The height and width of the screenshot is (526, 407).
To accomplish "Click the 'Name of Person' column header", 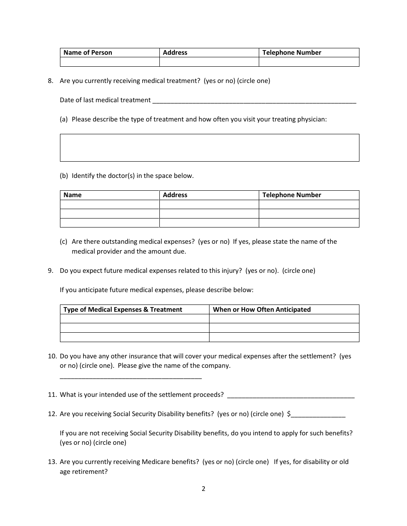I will (88, 53).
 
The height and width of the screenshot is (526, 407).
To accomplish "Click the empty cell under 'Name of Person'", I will (110, 62).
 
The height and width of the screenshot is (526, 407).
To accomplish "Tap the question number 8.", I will (50, 81).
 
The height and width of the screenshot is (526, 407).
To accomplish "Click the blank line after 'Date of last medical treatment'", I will (254, 101).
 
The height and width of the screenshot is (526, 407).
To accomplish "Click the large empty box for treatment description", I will (209, 148).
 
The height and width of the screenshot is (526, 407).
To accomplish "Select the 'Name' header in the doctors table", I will (72, 195).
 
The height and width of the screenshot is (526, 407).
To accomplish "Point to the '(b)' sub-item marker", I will (64, 176).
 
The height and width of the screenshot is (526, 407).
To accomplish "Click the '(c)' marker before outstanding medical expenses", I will (64, 242).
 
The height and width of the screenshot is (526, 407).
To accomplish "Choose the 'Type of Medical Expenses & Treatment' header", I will (123, 310).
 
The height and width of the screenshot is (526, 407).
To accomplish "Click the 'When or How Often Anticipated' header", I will (262, 310).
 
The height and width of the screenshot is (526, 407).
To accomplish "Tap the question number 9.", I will (50, 271).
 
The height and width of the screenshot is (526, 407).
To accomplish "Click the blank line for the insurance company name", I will (131, 376).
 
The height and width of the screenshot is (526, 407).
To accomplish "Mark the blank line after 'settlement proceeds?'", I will (290, 396).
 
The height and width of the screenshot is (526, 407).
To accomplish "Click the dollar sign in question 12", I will (289, 414).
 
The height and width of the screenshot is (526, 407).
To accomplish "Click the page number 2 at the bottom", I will (203, 489).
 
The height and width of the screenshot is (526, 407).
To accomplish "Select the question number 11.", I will (52, 395).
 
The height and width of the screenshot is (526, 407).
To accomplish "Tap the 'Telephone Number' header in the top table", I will (291, 53).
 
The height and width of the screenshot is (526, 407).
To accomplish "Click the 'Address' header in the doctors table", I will (175, 195).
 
